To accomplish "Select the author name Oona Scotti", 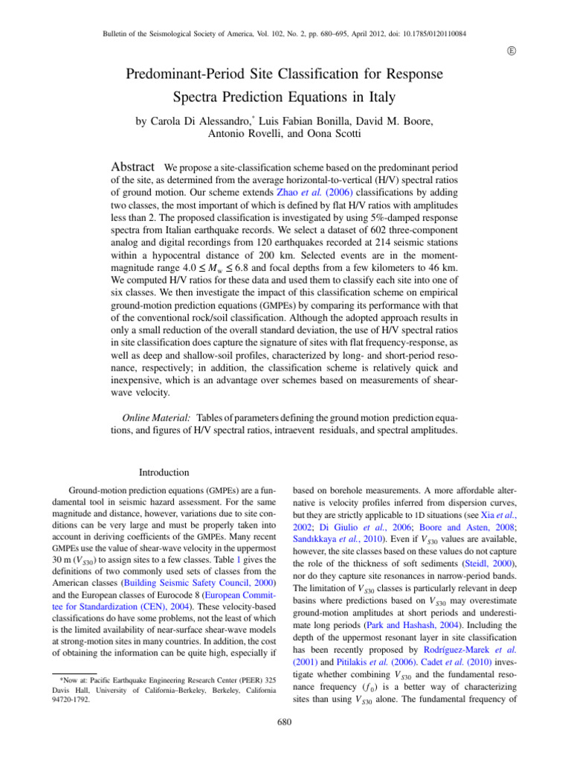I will click(x=342, y=135).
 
